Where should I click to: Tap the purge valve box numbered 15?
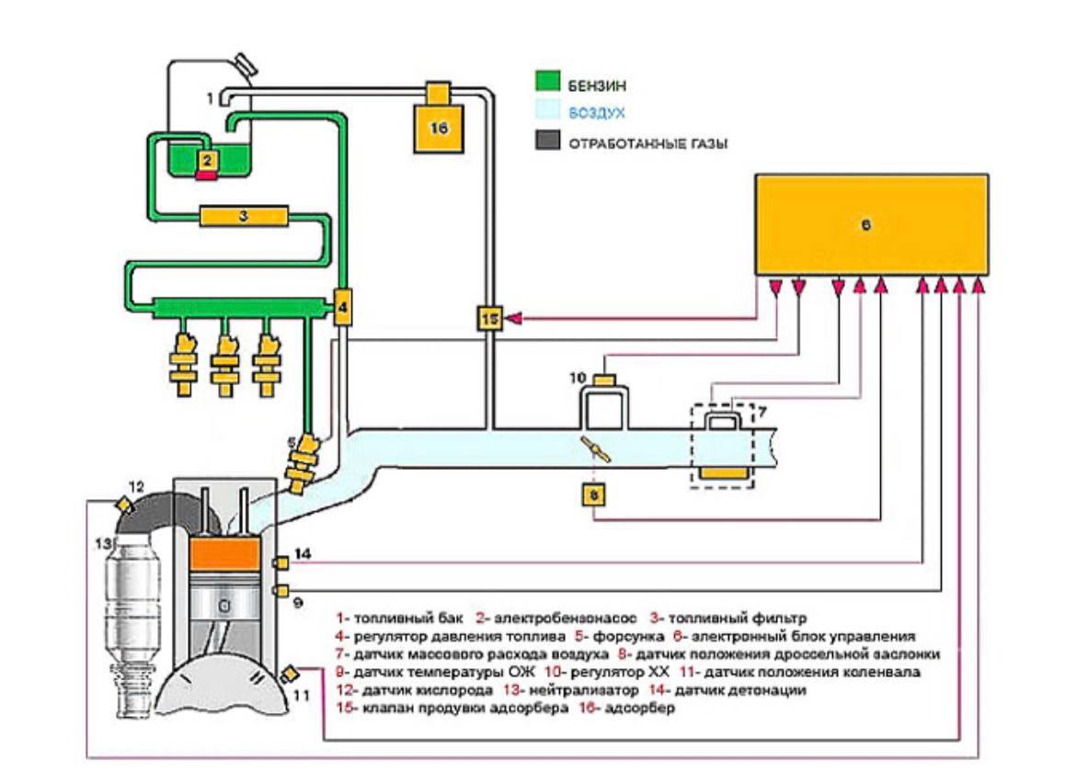click(490, 318)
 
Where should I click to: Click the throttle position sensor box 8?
click(594, 494)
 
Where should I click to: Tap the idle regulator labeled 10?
click(603, 381)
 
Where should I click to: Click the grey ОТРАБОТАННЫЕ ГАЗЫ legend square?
click(548, 143)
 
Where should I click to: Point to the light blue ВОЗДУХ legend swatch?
click(548, 113)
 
